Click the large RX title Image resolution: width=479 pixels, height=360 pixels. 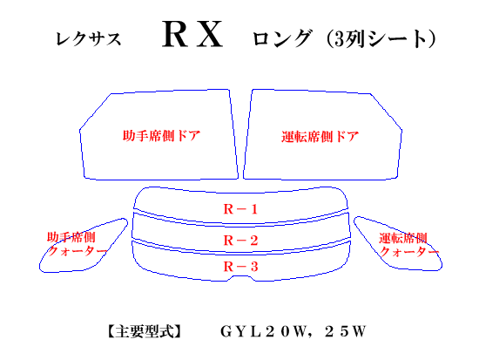coord(192,34)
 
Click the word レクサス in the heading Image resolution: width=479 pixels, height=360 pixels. coord(89,39)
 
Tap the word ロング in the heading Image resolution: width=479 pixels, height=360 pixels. coord(282,38)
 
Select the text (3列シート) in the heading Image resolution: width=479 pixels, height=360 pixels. coord(381,39)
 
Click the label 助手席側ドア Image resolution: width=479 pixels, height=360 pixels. coord(162,135)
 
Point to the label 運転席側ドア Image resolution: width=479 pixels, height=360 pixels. coord(320,136)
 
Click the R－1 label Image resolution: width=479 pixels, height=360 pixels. coord(240,209)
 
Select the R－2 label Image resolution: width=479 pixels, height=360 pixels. coord(240,241)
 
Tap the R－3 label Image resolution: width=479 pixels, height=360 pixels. coord(240,267)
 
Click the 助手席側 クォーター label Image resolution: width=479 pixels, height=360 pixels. coord(77,244)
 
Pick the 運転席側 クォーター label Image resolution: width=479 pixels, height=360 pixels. coord(408,245)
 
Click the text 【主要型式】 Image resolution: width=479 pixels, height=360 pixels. coord(145,331)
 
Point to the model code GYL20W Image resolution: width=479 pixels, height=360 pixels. coord(263,331)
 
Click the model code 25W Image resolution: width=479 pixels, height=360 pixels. coord(345,331)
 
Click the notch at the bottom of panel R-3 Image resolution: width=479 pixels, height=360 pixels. coord(241,276)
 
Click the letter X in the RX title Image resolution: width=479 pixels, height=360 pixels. coord(210,34)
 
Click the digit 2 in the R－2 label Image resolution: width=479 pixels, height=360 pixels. coord(253,241)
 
